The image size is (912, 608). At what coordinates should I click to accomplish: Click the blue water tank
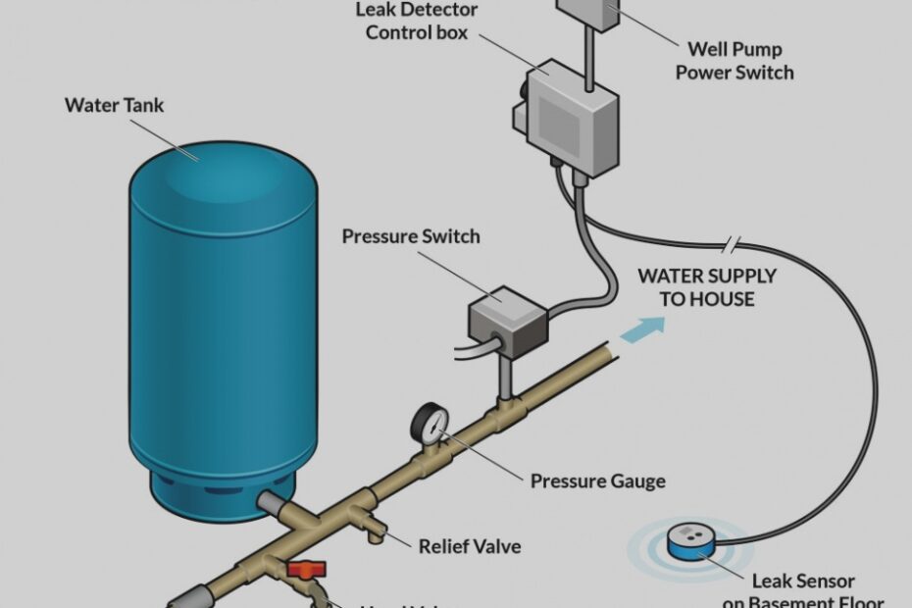223,324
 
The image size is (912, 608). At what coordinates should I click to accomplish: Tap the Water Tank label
114,105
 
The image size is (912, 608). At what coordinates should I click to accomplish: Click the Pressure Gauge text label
597,481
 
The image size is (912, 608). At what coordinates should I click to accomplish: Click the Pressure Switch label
410,236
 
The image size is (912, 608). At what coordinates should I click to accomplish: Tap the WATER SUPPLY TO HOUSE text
706,286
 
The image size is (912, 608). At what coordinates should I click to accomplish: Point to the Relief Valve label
469,545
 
